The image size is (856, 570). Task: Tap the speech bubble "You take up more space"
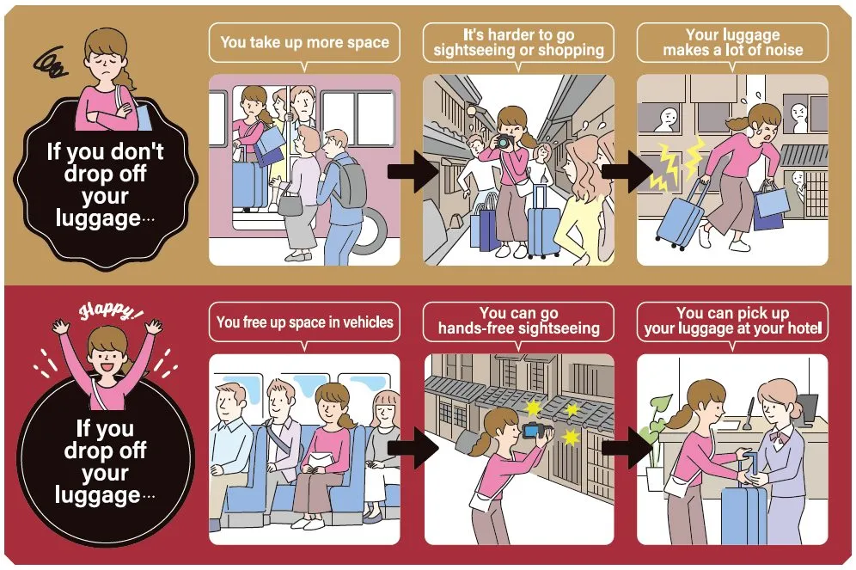click(x=304, y=43)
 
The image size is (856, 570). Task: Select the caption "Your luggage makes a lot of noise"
click(x=732, y=43)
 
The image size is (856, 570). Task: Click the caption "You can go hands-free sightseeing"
click(x=518, y=321)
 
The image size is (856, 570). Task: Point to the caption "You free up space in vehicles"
click(x=304, y=322)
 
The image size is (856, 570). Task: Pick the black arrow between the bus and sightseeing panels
click(x=413, y=171)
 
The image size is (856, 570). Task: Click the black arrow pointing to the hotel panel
click(x=627, y=448)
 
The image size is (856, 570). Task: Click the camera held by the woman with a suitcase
click(x=503, y=142)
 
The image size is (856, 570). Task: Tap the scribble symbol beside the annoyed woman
click(x=50, y=62)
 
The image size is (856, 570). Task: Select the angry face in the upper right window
click(x=798, y=114)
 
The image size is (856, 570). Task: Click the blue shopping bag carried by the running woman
click(x=772, y=201)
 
